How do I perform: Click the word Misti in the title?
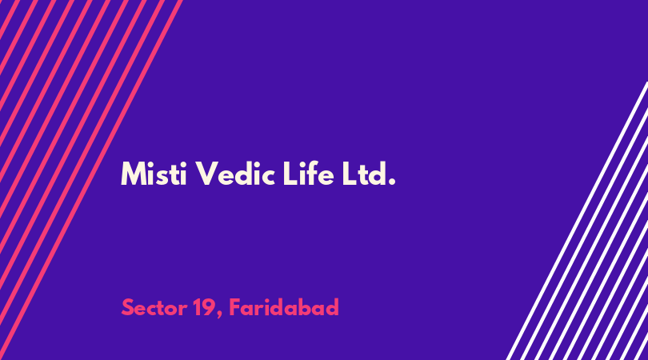[154, 174]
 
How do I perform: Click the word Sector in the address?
[154, 308]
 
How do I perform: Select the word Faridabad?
[284, 307]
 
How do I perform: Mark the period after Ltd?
[392, 182]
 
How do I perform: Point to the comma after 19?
[220, 315]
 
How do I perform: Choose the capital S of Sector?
[128, 308]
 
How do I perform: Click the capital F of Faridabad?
[234, 307]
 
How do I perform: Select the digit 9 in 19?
[209, 307]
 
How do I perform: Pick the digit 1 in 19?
[197, 307]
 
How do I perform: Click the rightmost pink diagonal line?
[91, 180]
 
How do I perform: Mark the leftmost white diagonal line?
[578, 221]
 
